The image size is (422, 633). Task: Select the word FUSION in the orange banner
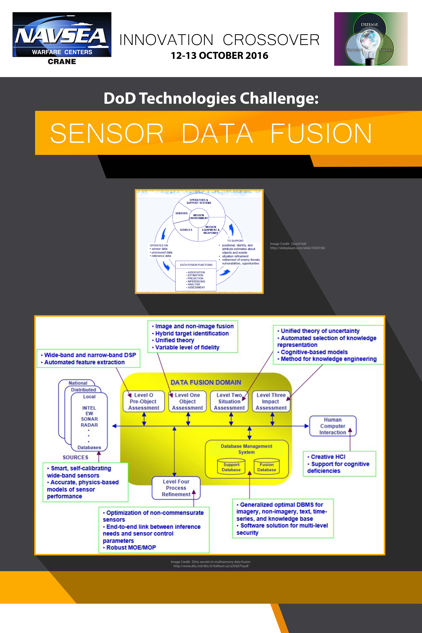(x=321, y=133)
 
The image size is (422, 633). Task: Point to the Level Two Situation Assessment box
(x=229, y=401)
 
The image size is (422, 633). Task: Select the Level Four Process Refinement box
(x=176, y=488)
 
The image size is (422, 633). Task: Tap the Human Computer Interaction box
(x=333, y=426)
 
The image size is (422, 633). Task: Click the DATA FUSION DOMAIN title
(x=206, y=382)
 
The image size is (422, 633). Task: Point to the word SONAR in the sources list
(x=89, y=419)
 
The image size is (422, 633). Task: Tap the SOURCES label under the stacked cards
(x=75, y=458)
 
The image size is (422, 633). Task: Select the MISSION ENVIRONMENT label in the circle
(x=199, y=217)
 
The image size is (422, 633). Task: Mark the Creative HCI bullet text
(x=326, y=457)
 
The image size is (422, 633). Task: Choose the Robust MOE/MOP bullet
(x=129, y=547)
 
